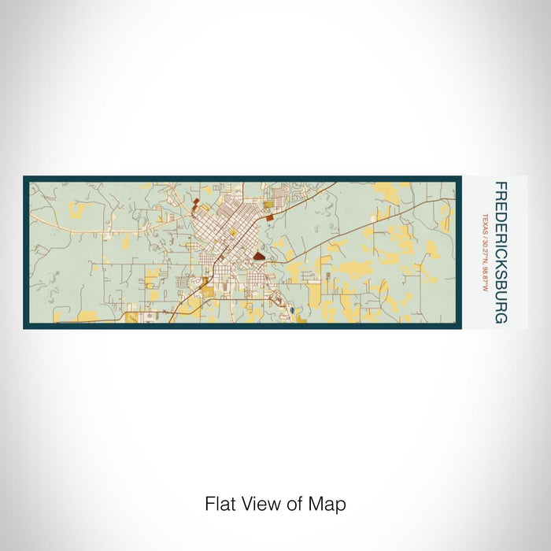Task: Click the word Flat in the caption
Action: coord(220,504)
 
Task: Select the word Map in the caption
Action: coord(330,505)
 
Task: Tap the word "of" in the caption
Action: coord(296,504)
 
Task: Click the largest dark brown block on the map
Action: coord(260,255)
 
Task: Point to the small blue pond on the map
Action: coord(292,310)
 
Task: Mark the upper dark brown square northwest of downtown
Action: coord(195,202)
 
